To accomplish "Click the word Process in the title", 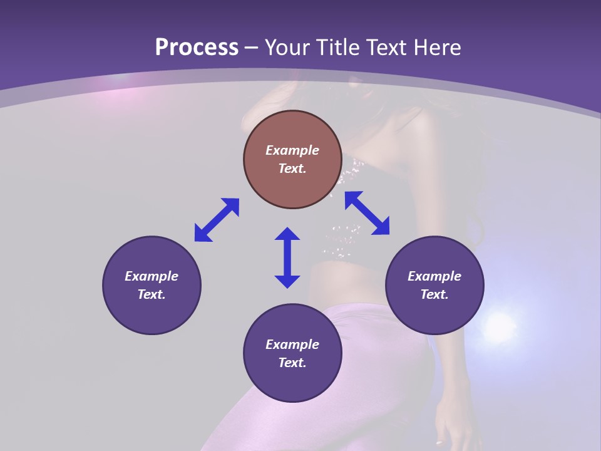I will pyautogui.click(x=197, y=48).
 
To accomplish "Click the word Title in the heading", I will pyautogui.click(x=338, y=48).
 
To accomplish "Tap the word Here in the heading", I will pyautogui.click(x=436, y=48).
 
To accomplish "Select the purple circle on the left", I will pyautogui.click(x=152, y=313).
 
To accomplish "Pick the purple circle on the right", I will pyautogui.click(x=434, y=313).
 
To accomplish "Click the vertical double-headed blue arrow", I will pyautogui.click(x=287, y=257).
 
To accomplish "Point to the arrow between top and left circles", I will pyautogui.click(x=217, y=220).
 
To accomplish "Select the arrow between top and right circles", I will pyautogui.click(x=367, y=213).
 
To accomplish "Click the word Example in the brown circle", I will pyautogui.click(x=292, y=150).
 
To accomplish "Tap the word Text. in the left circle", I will pyautogui.click(x=152, y=294).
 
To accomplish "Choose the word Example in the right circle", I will pyautogui.click(x=434, y=276).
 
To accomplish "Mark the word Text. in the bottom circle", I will pyautogui.click(x=292, y=363).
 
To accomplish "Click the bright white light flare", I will pyautogui.click(x=499, y=325).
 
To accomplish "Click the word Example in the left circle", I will pyautogui.click(x=152, y=276).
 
